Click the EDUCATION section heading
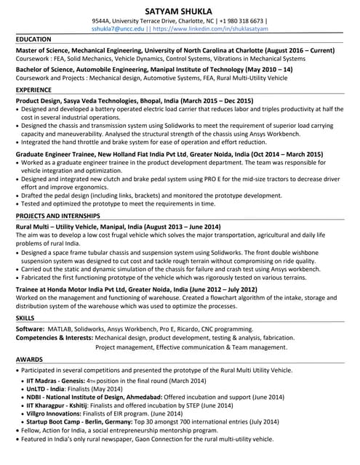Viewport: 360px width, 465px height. point(33,39)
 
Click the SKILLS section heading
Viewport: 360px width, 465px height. point(25,318)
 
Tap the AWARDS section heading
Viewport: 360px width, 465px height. point(28,359)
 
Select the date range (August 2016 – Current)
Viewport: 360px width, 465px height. point(297,51)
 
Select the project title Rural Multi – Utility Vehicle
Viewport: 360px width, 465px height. point(63,227)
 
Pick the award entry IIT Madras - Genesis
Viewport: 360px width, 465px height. point(55,381)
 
